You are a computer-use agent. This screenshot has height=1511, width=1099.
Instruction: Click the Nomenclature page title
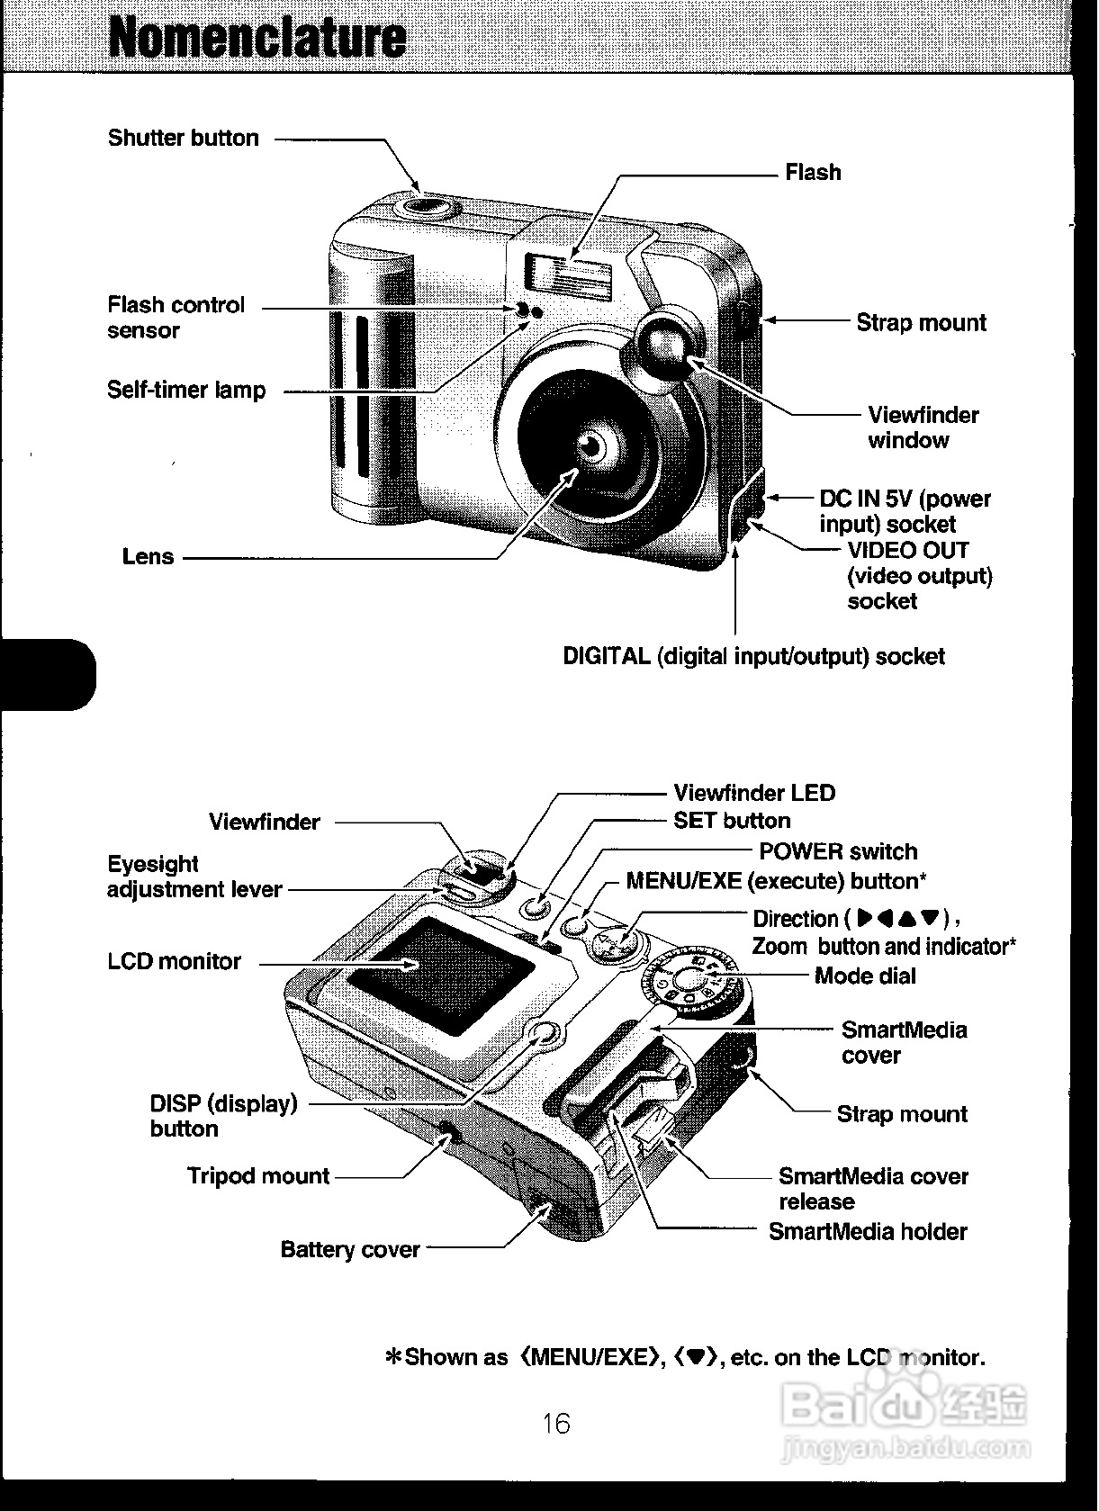tap(257, 38)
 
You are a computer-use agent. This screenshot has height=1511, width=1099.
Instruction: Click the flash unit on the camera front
tap(570, 274)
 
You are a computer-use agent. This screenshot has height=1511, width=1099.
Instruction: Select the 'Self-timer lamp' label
tap(186, 390)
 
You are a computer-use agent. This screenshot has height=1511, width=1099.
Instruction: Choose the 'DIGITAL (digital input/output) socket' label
tap(753, 656)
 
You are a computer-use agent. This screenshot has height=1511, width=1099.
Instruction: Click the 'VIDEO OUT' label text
tap(908, 550)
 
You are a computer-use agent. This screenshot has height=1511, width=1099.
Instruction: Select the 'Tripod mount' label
tap(258, 1175)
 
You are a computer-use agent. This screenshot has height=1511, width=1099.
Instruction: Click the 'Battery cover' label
tap(350, 1249)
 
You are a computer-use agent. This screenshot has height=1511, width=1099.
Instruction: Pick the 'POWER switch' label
tap(838, 851)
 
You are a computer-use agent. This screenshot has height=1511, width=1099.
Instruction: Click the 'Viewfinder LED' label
tap(754, 793)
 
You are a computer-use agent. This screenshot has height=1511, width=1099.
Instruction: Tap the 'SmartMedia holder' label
tap(868, 1231)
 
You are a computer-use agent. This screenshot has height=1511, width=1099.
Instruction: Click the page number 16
tap(556, 1423)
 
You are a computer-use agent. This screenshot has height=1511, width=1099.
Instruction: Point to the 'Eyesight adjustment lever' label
tap(194, 877)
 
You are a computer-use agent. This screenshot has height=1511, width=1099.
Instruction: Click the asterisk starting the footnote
tap(393, 1357)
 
